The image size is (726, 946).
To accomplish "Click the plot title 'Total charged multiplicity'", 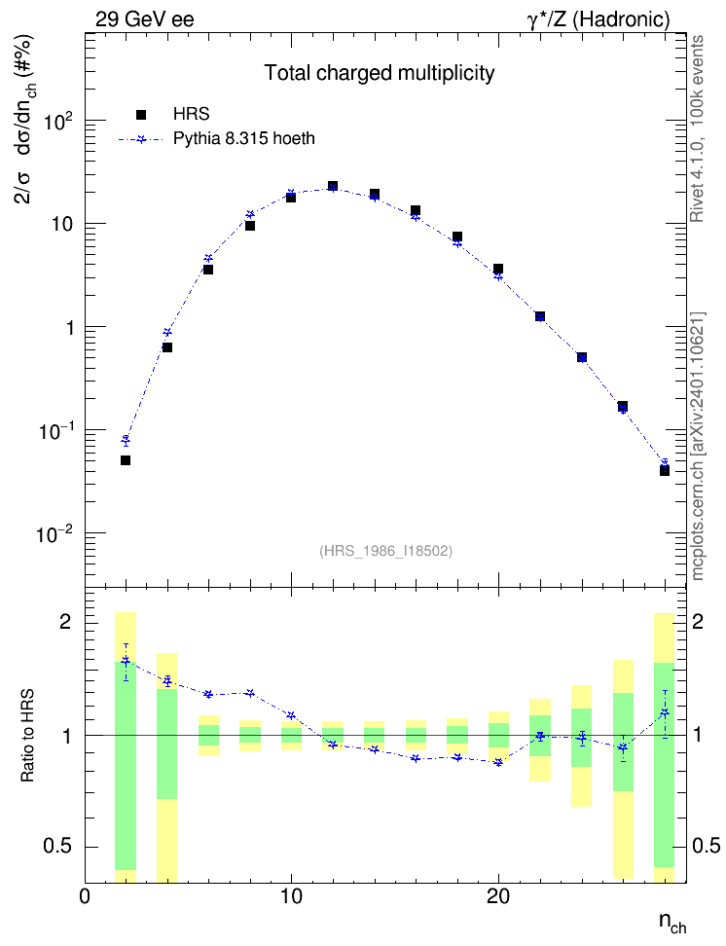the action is click(x=380, y=73).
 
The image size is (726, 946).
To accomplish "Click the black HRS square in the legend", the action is click(x=142, y=115).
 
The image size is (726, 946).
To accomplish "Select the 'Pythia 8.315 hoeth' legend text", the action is click(x=244, y=139).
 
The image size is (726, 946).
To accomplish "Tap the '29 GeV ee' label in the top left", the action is click(x=145, y=19).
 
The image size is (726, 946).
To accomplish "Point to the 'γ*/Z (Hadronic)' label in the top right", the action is click(x=599, y=19).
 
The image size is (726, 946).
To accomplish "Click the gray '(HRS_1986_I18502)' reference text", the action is click(x=385, y=551).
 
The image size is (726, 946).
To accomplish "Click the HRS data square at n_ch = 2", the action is click(x=126, y=460).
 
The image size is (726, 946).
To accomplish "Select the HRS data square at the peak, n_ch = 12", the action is click(x=333, y=186).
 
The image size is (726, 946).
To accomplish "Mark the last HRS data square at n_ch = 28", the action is click(x=665, y=471).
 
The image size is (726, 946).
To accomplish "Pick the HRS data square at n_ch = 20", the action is click(x=498, y=269).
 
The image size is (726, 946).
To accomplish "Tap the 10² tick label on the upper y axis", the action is click(x=58, y=121).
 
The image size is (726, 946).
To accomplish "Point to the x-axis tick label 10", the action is click(x=292, y=896).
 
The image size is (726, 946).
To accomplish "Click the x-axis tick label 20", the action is click(x=498, y=896).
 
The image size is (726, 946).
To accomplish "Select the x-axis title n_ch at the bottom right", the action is click(x=672, y=922).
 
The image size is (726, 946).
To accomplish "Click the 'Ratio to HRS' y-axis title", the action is click(x=27, y=736).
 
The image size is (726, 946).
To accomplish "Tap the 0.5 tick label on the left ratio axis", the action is click(x=57, y=847).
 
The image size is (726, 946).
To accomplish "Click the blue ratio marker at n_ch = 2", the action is click(x=126, y=661).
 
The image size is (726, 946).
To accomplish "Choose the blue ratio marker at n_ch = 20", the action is click(x=498, y=763).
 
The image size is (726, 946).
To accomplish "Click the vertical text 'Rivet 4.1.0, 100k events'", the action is click(x=697, y=128).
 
